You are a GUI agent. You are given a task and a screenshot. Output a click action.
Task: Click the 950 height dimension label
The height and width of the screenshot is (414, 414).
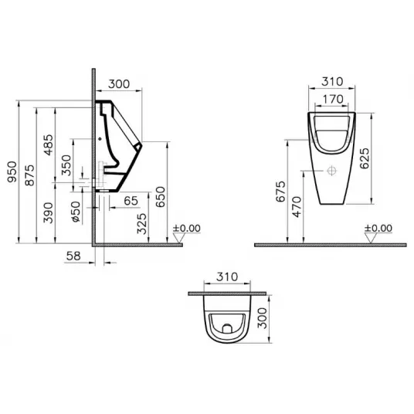pyautogui.click(x=12, y=172)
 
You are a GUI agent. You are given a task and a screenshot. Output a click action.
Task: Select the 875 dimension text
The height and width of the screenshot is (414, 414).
pyautogui.click(x=29, y=175)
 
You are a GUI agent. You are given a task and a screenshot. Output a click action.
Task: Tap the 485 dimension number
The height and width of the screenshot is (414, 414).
pyautogui.click(x=49, y=145)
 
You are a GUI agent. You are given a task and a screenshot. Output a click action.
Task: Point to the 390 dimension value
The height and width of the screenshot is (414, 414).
pyautogui.click(x=49, y=213)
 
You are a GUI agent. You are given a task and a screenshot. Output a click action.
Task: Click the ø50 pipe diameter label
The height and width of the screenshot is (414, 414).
pyautogui.click(x=76, y=212)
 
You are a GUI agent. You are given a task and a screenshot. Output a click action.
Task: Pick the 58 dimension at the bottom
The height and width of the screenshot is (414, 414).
pyautogui.click(x=73, y=256)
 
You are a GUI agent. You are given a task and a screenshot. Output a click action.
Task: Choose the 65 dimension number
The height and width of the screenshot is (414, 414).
pyautogui.click(x=131, y=201)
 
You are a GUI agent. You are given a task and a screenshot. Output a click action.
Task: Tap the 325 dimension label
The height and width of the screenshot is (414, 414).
pyautogui.click(x=142, y=224)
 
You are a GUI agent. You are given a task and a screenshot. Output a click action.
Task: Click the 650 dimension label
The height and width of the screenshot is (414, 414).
pyautogui.click(x=160, y=197)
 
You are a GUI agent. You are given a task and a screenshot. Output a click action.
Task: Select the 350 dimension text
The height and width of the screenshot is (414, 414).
pyautogui.click(x=66, y=165)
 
